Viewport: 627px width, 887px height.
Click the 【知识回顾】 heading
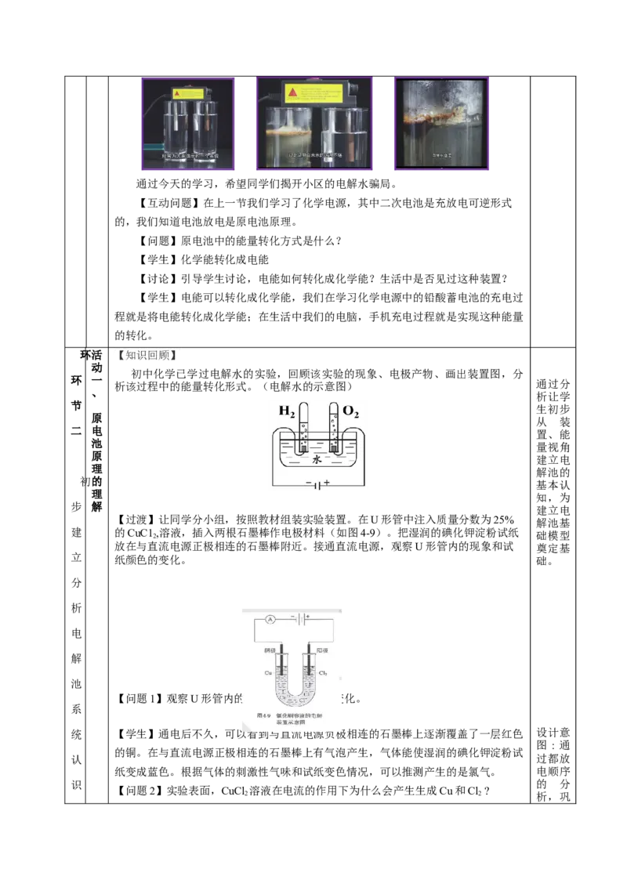[x=147, y=356]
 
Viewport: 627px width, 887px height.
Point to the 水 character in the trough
[x=317, y=461]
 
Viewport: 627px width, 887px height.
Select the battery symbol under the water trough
[x=315, y=485]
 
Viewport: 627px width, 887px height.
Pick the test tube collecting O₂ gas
[x=334, y=429]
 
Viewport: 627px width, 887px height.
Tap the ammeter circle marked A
[x=268, y=619]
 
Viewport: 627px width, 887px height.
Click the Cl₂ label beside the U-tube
[x=322, y=673]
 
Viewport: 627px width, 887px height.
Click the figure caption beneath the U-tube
[x=291, y=719]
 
